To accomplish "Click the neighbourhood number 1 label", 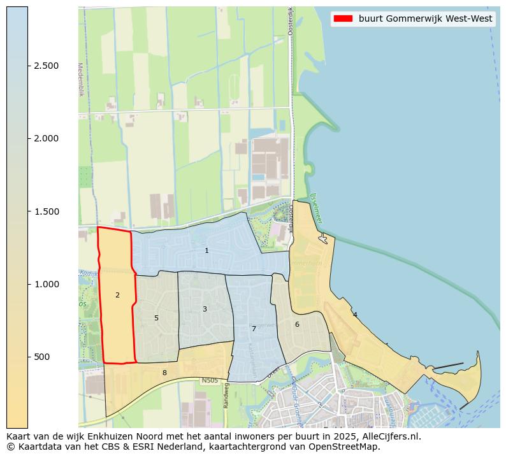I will point(206,251).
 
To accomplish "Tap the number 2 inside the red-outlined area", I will point(117,296).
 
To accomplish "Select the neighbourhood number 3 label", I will point(205,309).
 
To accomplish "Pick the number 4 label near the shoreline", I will point(355,315).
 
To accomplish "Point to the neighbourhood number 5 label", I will point(156,318).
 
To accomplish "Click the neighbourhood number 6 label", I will point(297,324).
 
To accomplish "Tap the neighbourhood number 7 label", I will point(254,329).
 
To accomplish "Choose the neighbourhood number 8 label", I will point(164,373).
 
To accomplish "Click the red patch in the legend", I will point(343,19).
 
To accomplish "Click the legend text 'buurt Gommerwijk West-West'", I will point(425,19).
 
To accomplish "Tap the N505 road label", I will point(210,381).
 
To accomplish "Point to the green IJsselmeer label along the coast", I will point(316,208).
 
